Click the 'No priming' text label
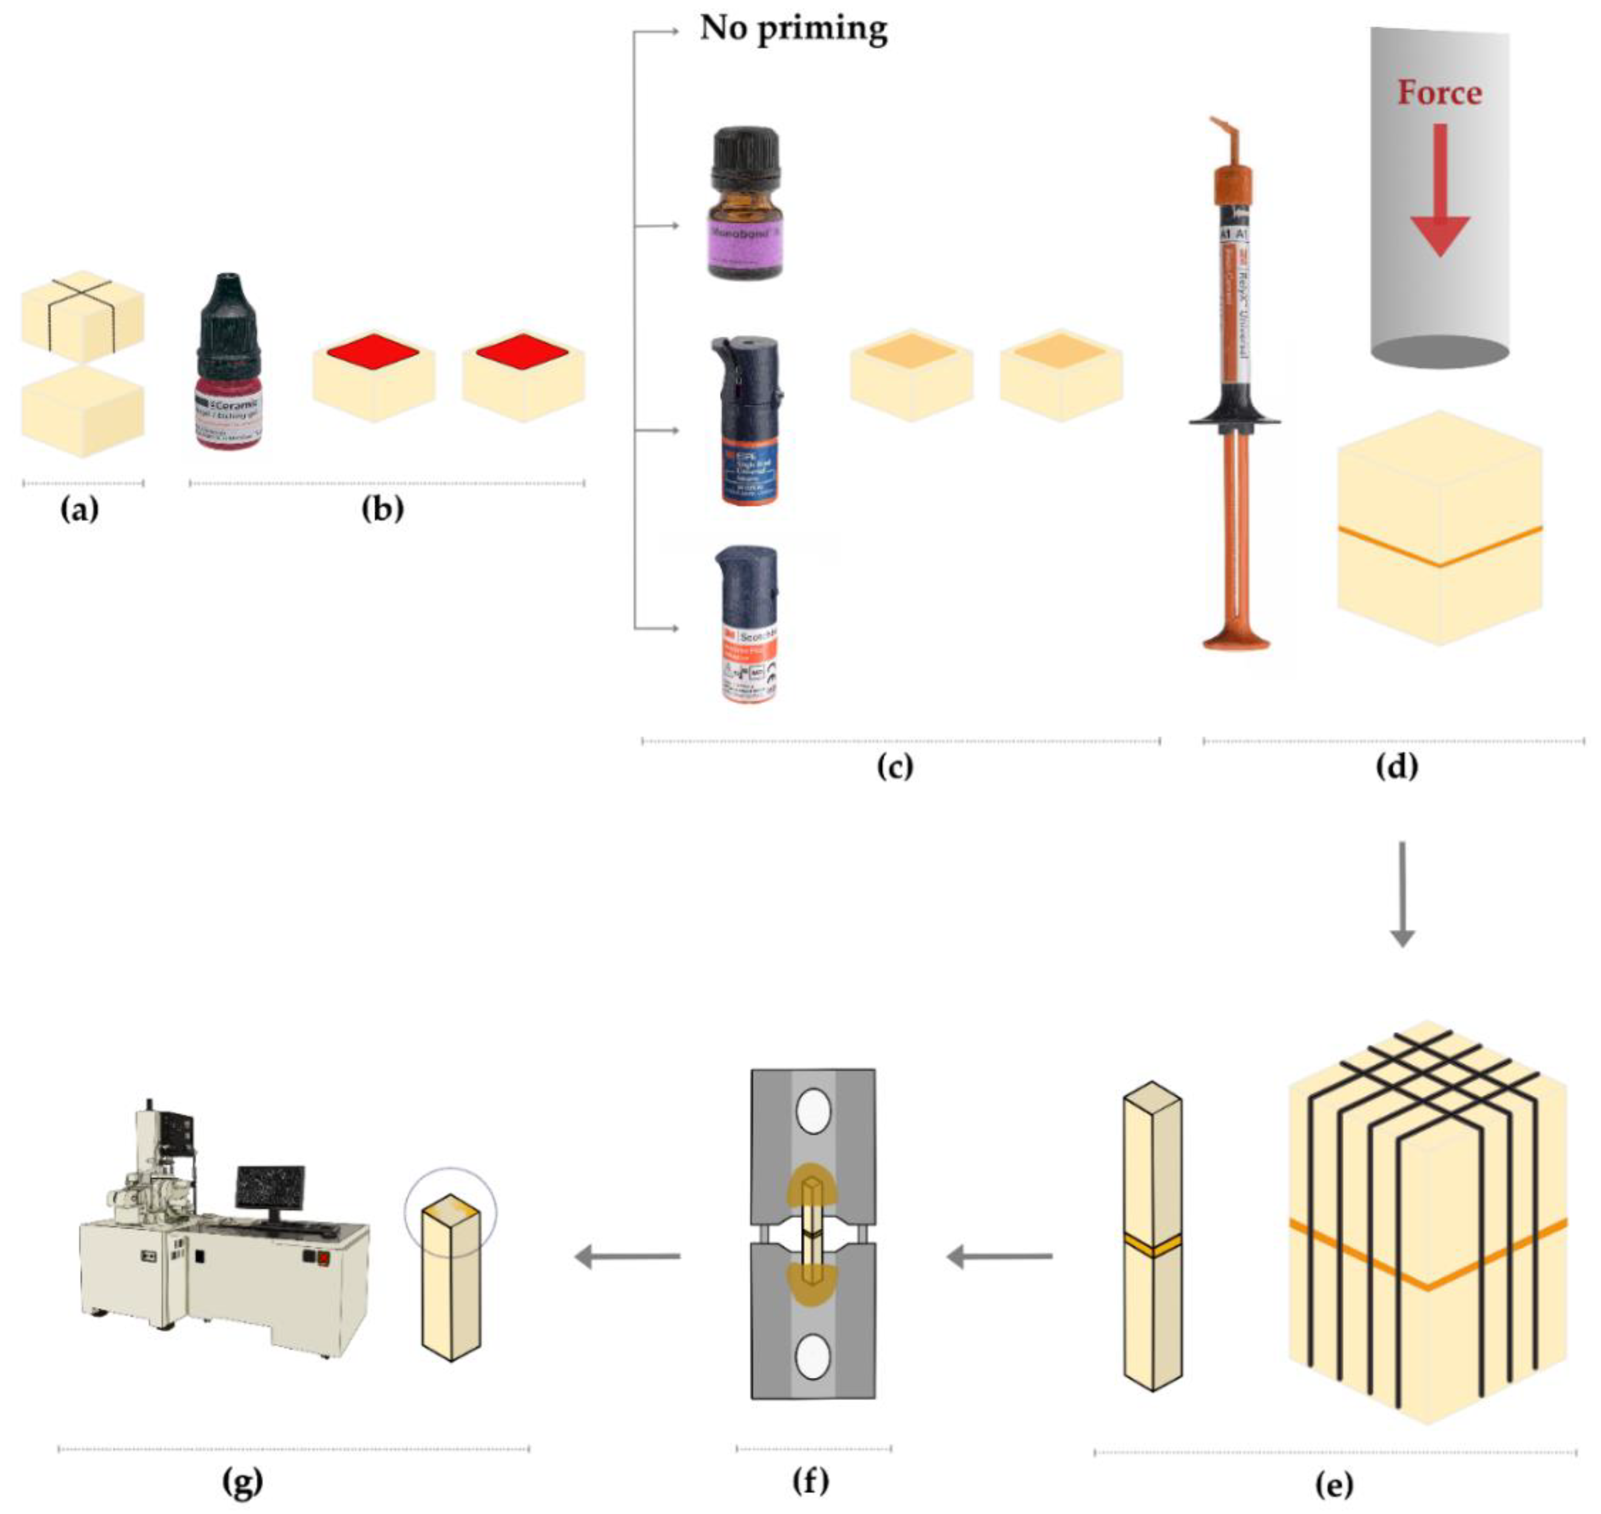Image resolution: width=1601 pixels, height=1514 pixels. [x=793, y=29]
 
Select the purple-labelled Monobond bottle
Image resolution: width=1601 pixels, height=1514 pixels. [x=745, y=206]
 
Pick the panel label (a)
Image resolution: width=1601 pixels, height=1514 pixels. [x=80, y=509]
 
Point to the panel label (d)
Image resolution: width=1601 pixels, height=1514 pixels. [x=1397, y=766]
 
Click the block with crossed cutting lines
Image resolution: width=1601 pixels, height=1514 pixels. [x=82, y=315]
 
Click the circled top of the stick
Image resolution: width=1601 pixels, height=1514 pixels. [x=450, y=1209]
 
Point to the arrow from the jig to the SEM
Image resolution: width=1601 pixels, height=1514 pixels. [x=626, y=1257]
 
